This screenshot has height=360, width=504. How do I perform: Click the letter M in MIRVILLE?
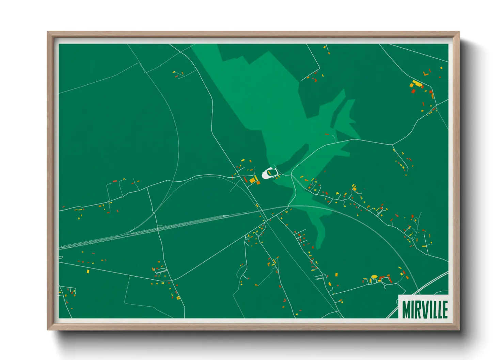(x=407, y=309)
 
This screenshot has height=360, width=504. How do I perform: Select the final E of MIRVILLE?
(x=444, y=309)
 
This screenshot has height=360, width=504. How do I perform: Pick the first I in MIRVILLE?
(x=413, y=309)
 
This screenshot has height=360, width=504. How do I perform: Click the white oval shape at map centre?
(x=270, y=174)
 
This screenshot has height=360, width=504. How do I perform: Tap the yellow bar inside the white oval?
(x=269, y=173)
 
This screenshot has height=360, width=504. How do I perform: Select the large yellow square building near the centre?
(x=253, y=180)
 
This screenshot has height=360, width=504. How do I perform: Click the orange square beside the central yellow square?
(x=258, y=183)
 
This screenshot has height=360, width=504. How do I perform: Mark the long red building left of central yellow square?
(x=246, y=179)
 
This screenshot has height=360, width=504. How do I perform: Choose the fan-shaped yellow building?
(x=374, y=277)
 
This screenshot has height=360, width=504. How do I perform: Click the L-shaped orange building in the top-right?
(x=426, y=73)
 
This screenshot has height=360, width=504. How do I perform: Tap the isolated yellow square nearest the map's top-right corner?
(x=441, y=68)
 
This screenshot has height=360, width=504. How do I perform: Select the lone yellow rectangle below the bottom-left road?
(x=88, y=272)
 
